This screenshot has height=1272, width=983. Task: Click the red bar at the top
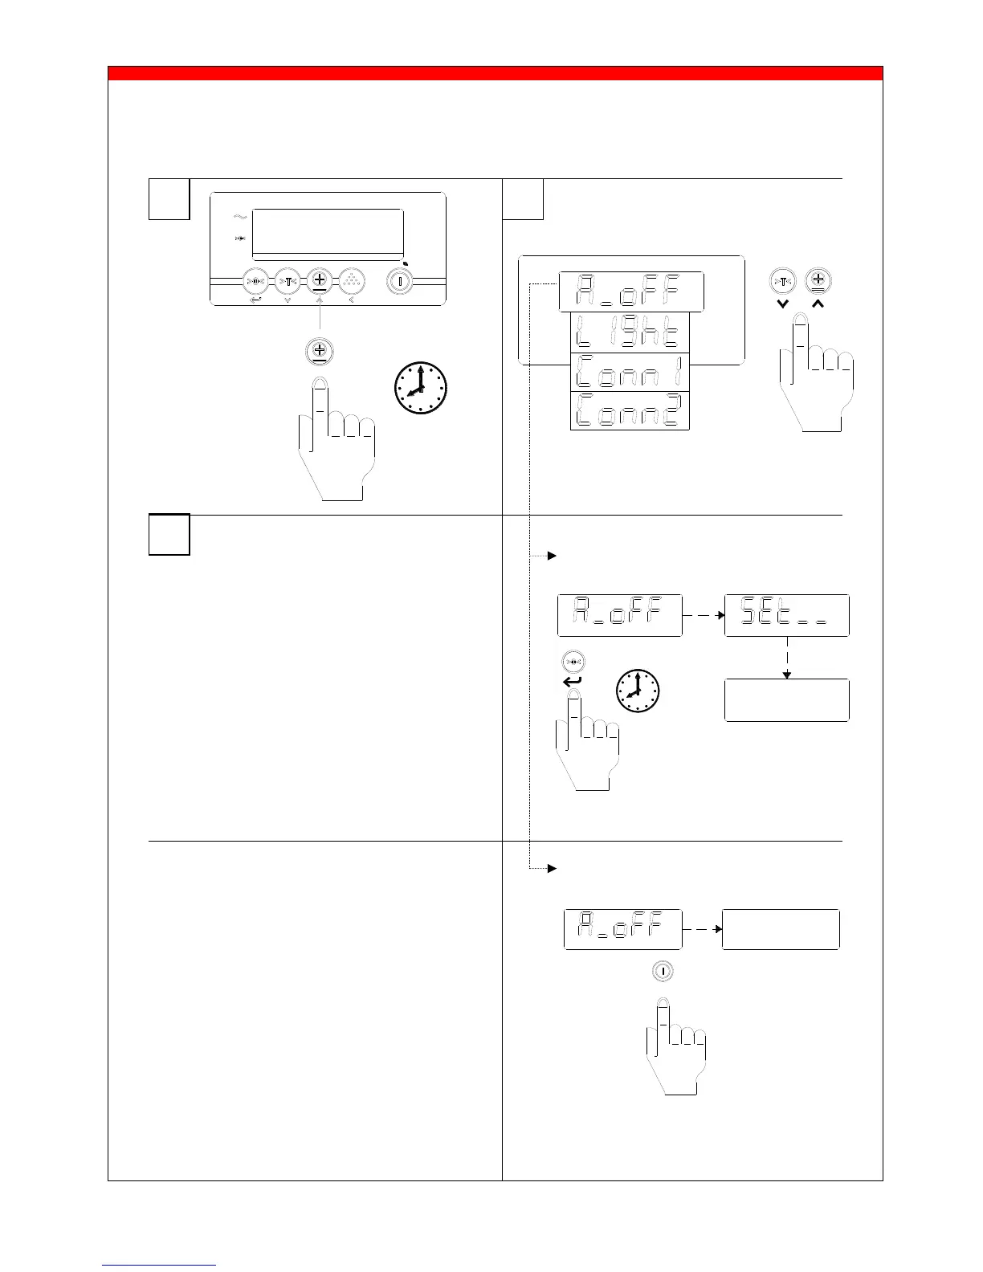click(x=495, y=74)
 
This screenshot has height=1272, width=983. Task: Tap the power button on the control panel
click(x=399, y=282)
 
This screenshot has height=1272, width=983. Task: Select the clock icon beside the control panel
click(x=421, y=389)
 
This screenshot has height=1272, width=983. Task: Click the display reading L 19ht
click(x=630, y=332)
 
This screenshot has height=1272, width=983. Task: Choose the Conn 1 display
click(x=630, y=372)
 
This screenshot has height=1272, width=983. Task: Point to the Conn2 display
click(x=630, y=410)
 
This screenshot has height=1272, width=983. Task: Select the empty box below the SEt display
click(x=786, y=700)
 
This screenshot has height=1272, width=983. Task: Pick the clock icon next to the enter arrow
click(x=637, y=691)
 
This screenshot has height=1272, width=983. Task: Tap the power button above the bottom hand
click(x=662, y=971)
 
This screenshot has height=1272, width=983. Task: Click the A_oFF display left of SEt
click(x=619, y=616)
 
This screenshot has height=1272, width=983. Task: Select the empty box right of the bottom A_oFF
click(x=781, y=929)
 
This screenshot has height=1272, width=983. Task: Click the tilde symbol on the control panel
click(x=239, y=217)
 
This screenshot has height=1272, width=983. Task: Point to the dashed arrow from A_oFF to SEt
click(x=703, y=616)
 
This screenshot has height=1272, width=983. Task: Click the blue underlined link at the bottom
click(x=159, y=1266)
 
